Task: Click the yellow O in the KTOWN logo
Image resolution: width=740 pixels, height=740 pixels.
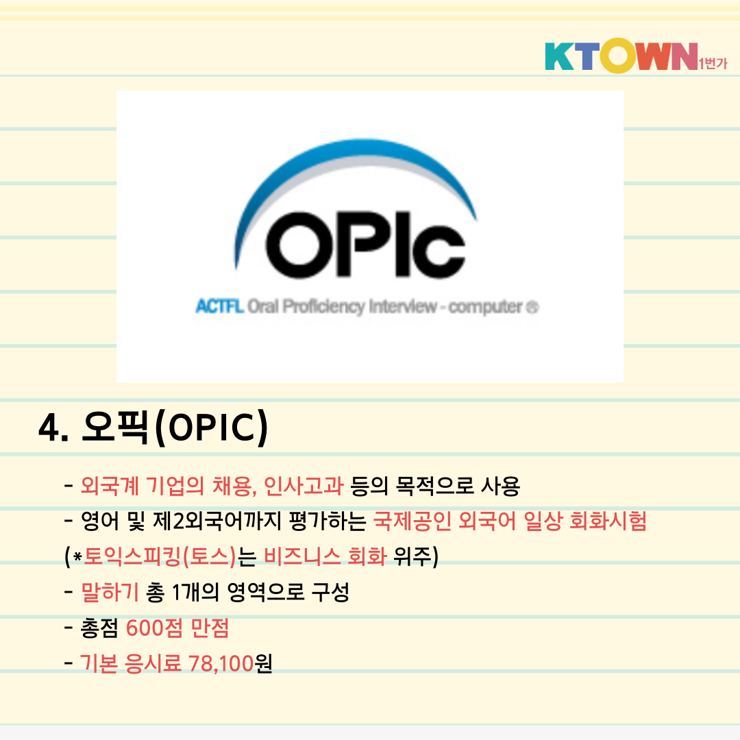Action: [x=618, y=56]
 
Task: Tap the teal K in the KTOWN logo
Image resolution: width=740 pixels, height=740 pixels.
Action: [x=559, y=56]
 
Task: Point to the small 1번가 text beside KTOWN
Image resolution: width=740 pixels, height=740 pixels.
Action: [x=713, y=63]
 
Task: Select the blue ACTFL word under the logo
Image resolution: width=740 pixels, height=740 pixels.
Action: [x=220, y=306]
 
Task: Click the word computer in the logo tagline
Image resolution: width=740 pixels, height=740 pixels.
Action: [x=485, y=307]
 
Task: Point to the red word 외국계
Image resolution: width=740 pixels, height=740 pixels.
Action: [x=110, y=486]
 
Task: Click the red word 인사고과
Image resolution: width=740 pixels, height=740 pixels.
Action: [x=304, y=486]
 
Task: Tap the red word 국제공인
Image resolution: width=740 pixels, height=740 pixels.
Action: [x=412, y=521]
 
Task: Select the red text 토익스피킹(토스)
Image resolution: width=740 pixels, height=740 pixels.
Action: [x=160, y=556]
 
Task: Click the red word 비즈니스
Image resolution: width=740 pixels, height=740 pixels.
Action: [x=302, y=556]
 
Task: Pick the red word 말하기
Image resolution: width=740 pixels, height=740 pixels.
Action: [x=110, y=592]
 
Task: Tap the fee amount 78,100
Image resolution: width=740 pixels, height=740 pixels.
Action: [x=221, y=663]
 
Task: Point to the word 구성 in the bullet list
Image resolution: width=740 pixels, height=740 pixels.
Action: [x=330, y=592]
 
